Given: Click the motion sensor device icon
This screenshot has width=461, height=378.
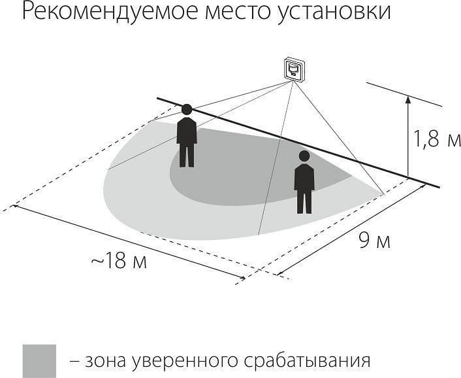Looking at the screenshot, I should (x=294, y=69).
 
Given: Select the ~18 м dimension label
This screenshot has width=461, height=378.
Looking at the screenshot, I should (x=118, y=261).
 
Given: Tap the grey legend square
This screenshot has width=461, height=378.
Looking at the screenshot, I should (x=39, y=360).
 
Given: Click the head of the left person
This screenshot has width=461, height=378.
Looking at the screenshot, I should (x=187, y=109).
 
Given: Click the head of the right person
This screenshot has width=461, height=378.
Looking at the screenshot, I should (x=304, y=156).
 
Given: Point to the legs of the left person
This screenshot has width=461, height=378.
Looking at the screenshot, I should (x=187, y=155).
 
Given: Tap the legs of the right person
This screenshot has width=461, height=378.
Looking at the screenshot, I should (x=304, y=201).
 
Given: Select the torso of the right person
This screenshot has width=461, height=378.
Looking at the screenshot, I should (x=304, y=177).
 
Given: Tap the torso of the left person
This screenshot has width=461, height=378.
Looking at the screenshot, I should (x=187, y=130).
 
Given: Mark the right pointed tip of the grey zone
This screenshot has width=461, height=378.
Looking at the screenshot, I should (x=382, y=193).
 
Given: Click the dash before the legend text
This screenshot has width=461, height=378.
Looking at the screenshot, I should (x=75, y=361).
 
